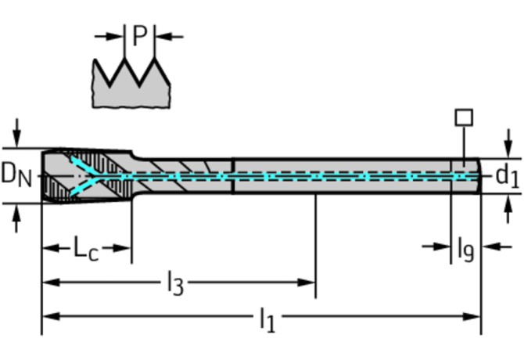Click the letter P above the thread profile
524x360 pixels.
[x=140, y=35]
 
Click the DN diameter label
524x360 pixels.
[x=16, y=175]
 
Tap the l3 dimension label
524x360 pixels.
[x=174, y=283]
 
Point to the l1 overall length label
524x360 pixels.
[x=266, y=319]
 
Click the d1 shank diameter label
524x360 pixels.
[x=507, y=176]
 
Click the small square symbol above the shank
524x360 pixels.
[x=464, y=117]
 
